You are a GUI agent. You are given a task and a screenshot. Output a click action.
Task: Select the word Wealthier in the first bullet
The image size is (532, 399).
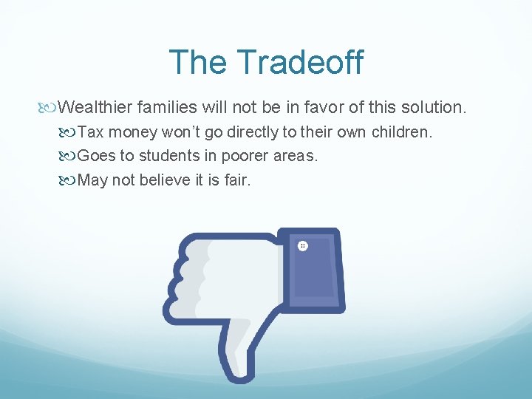pos(95,108)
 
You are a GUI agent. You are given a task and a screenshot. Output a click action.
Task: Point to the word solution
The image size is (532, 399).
pos(437,108)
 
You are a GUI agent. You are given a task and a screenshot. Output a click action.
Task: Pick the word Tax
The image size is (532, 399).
pos(91,133)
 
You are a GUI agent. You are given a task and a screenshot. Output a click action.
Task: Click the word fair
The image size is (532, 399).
pos(236,180)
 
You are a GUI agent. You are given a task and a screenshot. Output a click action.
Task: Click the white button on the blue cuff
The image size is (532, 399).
pos(303,245)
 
